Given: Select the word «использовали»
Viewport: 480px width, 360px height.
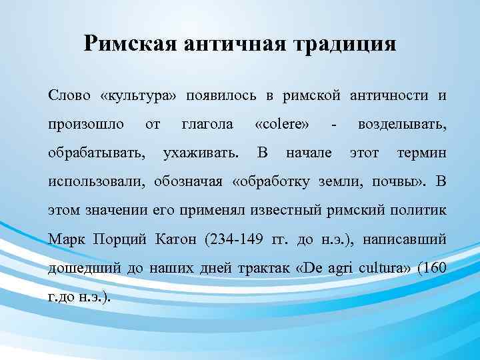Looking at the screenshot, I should coord(97,181).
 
